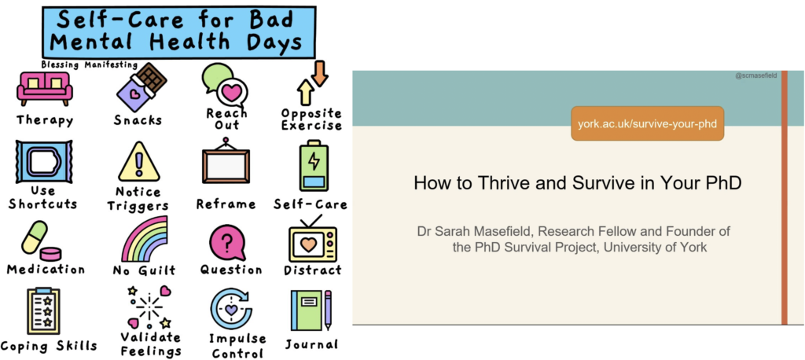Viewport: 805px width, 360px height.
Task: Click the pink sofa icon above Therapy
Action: pos(45,88)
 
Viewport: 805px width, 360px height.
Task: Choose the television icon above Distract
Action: pos(312,241)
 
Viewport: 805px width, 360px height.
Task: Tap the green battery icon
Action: pos(314,165)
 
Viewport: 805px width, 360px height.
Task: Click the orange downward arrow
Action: pos(319,72)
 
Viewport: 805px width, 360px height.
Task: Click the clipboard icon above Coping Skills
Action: pos(44,310)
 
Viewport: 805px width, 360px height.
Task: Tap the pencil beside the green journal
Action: pos(328,310)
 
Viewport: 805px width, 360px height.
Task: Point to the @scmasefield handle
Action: pos(755,75)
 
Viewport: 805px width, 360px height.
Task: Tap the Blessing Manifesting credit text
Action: pos(90,64)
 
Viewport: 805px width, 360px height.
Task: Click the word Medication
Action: pos(46,269)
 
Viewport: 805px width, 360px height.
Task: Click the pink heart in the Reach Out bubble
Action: pos(232,93)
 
